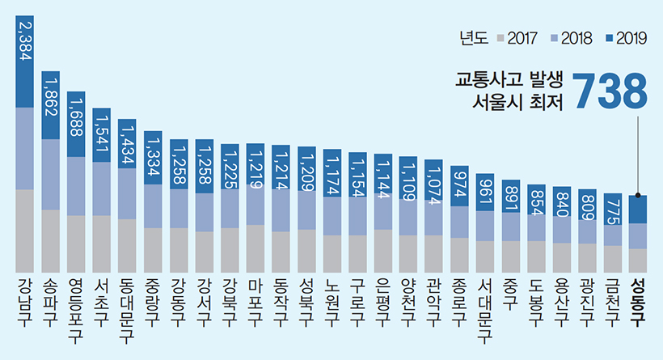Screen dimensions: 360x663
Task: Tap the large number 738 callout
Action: pyautogui.click(x=610, y=91)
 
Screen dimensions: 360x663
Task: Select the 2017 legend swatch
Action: pyautogui.click(x=501, y=38)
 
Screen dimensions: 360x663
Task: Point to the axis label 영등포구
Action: pyautogui.click(x=76, y=308)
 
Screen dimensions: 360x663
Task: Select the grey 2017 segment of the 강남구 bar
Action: pyautogui.click(x=25, y=231)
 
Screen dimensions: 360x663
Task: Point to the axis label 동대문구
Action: pyautogui.click(x=127, y=308)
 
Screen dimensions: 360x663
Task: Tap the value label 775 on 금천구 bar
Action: pyautogui.click(x=613, y=207)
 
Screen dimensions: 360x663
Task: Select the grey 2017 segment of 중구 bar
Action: pyautogui.click(x=510, y=255)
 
